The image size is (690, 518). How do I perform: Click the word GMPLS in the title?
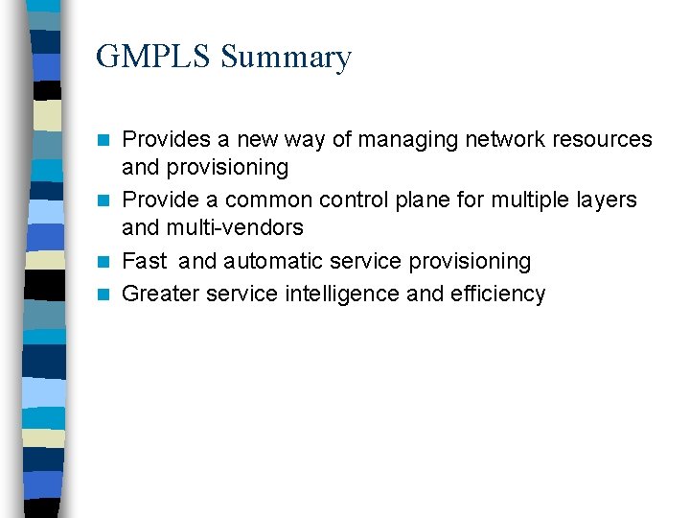tap(153, 58)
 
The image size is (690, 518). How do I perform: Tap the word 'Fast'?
tap(145, 261)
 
